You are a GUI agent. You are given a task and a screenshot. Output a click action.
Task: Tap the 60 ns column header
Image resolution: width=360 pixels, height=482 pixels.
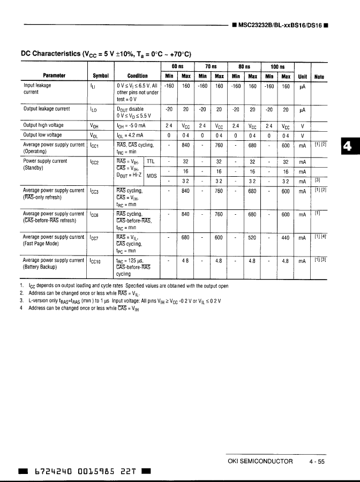coord(178,66)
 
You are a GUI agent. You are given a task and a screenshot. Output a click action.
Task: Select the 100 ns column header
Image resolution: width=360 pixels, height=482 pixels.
coord(278,66)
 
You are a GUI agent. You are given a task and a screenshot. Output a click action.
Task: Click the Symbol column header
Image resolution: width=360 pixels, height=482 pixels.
coord(100,76)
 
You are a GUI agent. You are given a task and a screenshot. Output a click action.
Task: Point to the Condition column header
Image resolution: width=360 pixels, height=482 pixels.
coord(138,76)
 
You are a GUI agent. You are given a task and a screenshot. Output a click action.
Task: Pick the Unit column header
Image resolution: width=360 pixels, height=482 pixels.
coord(303,76)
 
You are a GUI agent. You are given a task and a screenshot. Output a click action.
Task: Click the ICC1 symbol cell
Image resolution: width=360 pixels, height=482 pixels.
coord(95,145)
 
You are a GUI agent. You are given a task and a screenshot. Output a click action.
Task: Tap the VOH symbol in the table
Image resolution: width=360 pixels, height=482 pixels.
coord(95,126)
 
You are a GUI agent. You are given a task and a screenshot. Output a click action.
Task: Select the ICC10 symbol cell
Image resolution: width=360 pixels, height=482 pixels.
coord(96,261)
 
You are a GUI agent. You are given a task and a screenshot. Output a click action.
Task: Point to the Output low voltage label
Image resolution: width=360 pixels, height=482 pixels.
coord(42,135)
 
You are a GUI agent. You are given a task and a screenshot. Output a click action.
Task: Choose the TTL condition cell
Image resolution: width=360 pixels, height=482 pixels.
coord(151,161)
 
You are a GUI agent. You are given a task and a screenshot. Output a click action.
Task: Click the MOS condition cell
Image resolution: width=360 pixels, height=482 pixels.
coord(152,175)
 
